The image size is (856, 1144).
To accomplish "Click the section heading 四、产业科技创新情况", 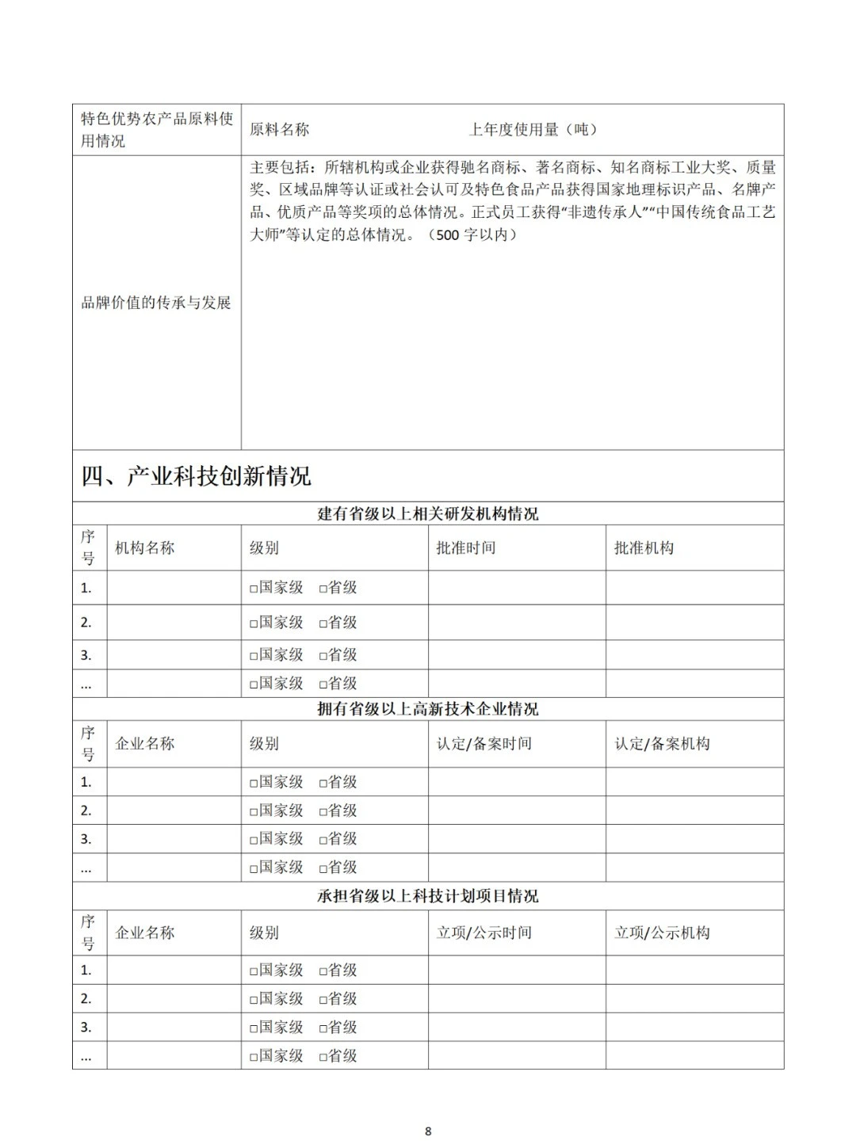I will pos(197,476).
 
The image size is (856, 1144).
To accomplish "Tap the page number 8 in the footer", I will pos(428,1131).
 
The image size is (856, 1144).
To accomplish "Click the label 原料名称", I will pos(280,130).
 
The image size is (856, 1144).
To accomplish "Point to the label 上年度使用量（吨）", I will pos(533,130).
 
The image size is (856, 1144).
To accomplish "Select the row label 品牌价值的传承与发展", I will pos(156,303).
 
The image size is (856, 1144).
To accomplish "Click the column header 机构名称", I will pos(144,547).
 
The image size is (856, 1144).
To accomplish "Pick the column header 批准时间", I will pos(466,547).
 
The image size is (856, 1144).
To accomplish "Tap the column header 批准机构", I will pos(644,547).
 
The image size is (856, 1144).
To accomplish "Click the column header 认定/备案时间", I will pos(483,743).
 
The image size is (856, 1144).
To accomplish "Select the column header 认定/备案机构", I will pos(662,743).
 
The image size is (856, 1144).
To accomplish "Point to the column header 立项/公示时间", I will pos(483,932).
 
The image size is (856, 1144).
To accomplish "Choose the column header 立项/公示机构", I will pos(662,932).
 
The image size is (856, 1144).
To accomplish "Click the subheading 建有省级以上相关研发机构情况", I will pos(428,513).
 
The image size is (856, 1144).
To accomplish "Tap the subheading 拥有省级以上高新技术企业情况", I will pos(428,709).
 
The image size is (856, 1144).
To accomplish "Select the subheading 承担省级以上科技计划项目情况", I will pos(428,896).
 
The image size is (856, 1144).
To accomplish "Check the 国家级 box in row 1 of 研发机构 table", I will pos(254,589).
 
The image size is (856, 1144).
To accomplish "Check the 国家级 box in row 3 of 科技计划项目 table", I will pos(254,1028).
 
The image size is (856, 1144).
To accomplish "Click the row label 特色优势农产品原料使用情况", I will pos(156,129).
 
